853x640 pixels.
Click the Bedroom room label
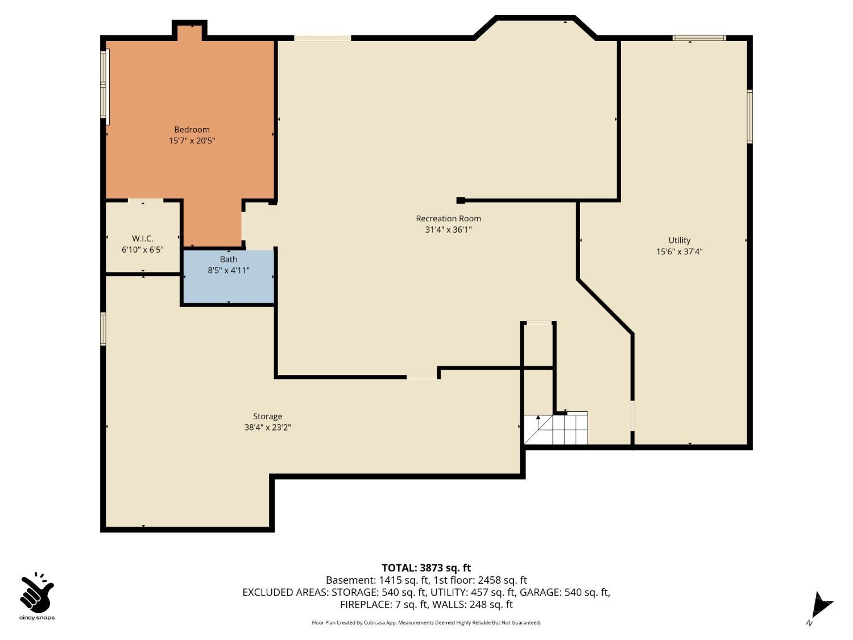(192, 130)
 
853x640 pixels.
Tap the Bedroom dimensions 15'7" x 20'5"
(192, 141)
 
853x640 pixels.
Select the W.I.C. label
(142, 239)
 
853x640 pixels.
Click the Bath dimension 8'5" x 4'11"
(229, 270)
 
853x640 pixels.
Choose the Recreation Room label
(448, 218)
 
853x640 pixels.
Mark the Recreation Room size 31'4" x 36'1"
(448, 230)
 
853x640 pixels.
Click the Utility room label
(679, 241)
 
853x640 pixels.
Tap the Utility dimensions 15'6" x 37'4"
(679, 251)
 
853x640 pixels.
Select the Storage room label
(267, 416)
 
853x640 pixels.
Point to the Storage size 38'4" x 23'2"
(267, 427)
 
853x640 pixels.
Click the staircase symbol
(556, 429)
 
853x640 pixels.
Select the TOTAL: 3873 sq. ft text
(426, 568)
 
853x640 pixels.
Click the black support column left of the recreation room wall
(461, 200)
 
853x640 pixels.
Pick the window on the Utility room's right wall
(750, 117)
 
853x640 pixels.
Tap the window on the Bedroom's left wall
(104, 86)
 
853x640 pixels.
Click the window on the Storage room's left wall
(103, 329)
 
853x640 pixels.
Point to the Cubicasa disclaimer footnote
(426, 622)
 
